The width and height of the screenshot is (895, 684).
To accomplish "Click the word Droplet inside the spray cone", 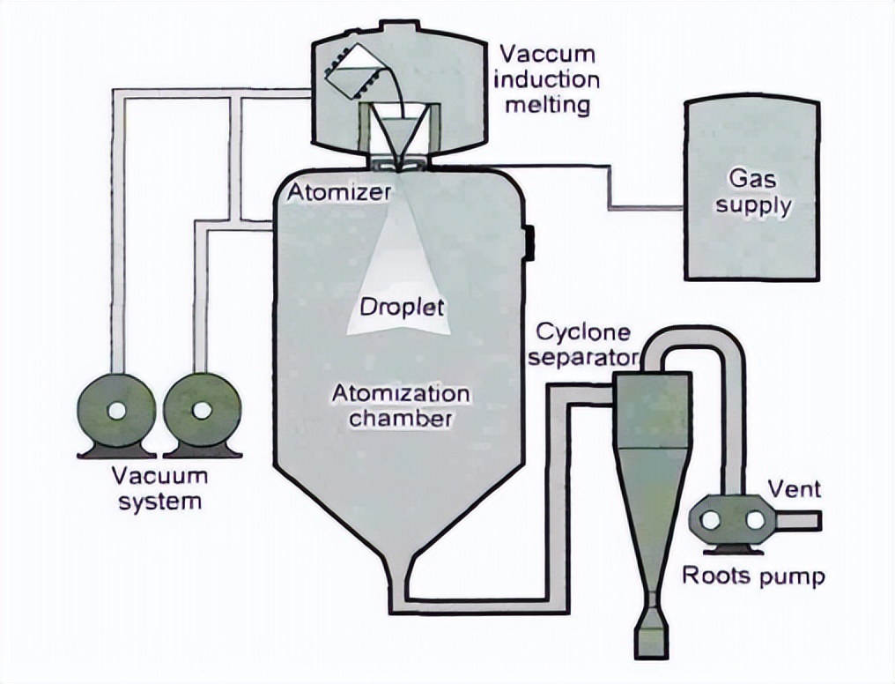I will [402, 309].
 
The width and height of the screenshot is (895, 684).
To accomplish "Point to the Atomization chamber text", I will [400, 405].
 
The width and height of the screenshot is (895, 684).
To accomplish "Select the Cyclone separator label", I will [584, 345].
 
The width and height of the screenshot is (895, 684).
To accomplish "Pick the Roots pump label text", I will [754, 576].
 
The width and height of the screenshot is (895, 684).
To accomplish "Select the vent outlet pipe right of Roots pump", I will [798, 521].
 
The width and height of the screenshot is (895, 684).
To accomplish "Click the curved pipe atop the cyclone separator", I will [696, 346].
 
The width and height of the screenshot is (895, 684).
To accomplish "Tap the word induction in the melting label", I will [546, 79].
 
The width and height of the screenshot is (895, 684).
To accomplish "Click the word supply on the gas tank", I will [753, 206].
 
